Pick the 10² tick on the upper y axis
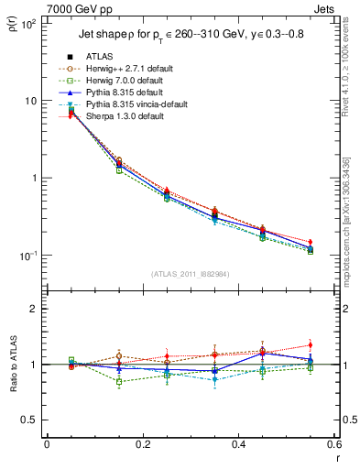(30, 24)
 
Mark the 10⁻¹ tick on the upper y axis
(30, 256)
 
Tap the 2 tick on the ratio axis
(34, 310)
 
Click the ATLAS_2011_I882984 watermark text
(191, 275)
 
